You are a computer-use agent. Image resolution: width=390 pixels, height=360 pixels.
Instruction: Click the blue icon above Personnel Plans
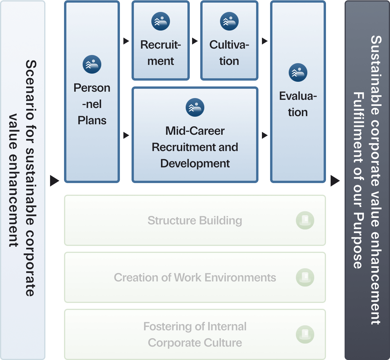point(92,64)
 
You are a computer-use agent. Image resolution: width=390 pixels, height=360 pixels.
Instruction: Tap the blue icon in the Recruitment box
point(161,21)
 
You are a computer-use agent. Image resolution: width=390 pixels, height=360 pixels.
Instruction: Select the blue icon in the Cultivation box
point(229,21)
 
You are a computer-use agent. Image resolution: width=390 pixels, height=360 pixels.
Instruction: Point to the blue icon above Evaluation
point(298,72)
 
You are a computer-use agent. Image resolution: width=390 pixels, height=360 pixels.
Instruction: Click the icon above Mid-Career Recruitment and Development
point(195,107)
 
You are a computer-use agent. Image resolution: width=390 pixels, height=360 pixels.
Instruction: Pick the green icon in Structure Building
point(305,220)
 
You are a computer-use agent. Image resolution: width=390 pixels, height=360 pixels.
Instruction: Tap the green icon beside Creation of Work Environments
point(305,277)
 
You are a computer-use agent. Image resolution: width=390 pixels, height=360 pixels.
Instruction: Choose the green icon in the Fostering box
point(305,334)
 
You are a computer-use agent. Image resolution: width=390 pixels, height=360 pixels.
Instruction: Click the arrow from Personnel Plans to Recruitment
point(126,41)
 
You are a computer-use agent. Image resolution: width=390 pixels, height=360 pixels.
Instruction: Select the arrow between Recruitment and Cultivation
point(195,41)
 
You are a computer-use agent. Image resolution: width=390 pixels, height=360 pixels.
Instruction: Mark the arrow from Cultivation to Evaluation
point(264,41)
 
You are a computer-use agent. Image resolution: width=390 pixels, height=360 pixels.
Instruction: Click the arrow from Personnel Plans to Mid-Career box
point(126,135)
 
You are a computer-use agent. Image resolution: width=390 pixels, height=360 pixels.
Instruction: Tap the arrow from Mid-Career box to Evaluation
point(264,135)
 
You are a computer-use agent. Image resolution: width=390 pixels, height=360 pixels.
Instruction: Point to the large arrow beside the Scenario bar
point(54,181)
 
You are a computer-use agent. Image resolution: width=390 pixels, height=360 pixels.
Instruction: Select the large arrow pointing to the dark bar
point(335,181)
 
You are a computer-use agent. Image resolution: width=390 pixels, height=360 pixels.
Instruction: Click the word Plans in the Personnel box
point(92,120)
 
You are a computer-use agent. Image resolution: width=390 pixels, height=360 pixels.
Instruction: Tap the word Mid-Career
point(195,131)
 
